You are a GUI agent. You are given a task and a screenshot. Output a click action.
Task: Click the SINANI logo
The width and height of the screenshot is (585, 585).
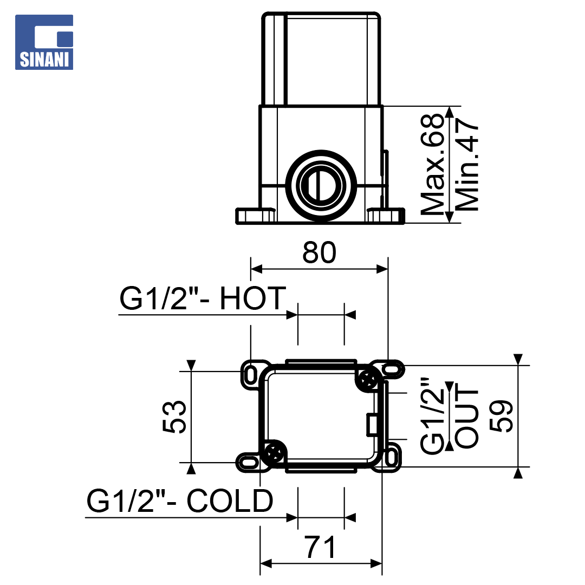pos(44,42)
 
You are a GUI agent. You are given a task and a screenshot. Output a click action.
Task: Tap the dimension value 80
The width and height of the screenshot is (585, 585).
pos(320,252)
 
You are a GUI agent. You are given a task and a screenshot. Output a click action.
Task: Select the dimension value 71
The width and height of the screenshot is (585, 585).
pos(321,547)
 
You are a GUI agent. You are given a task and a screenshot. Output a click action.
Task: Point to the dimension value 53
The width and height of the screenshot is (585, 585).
pos(174,417)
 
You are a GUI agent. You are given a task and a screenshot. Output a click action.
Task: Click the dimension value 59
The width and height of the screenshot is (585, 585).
pos(501,416)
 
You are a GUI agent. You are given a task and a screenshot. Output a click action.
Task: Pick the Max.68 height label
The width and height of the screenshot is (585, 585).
pos(433,164)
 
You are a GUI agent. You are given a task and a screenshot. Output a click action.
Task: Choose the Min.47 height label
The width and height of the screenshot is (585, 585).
pos(466,164)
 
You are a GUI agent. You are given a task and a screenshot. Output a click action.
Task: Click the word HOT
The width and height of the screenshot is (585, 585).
pos(253,298)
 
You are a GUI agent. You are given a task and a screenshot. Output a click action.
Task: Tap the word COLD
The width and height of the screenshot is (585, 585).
pos(230,500)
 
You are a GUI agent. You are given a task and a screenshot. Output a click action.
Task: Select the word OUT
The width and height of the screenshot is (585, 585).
pos(466,418)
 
